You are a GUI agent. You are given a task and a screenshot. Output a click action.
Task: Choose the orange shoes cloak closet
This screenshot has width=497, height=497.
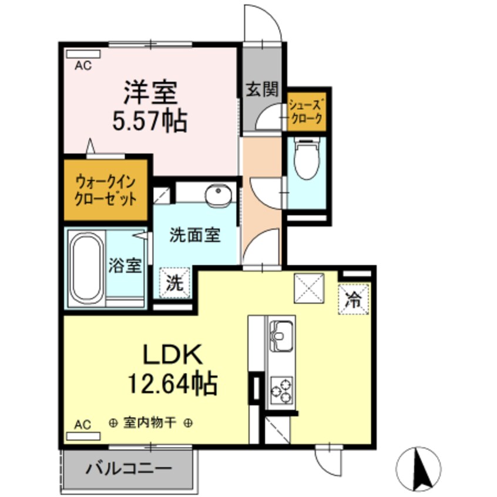(305, 112)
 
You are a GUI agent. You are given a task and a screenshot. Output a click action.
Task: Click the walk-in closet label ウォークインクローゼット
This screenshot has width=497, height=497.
(106, 189)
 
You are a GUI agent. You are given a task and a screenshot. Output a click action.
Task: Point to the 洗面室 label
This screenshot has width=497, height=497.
(194, 236)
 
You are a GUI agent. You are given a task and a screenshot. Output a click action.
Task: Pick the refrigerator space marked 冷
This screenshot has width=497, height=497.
(354, 299)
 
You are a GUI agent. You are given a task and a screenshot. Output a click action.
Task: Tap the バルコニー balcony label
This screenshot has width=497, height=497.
(129, 469)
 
